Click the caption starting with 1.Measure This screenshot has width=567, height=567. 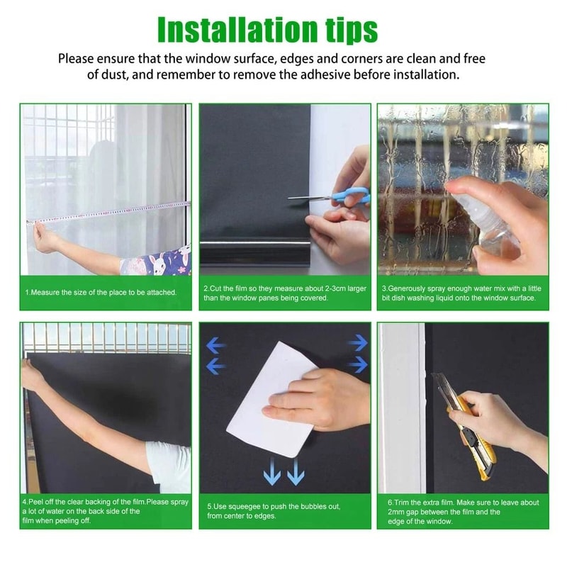tap(101, 291)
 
